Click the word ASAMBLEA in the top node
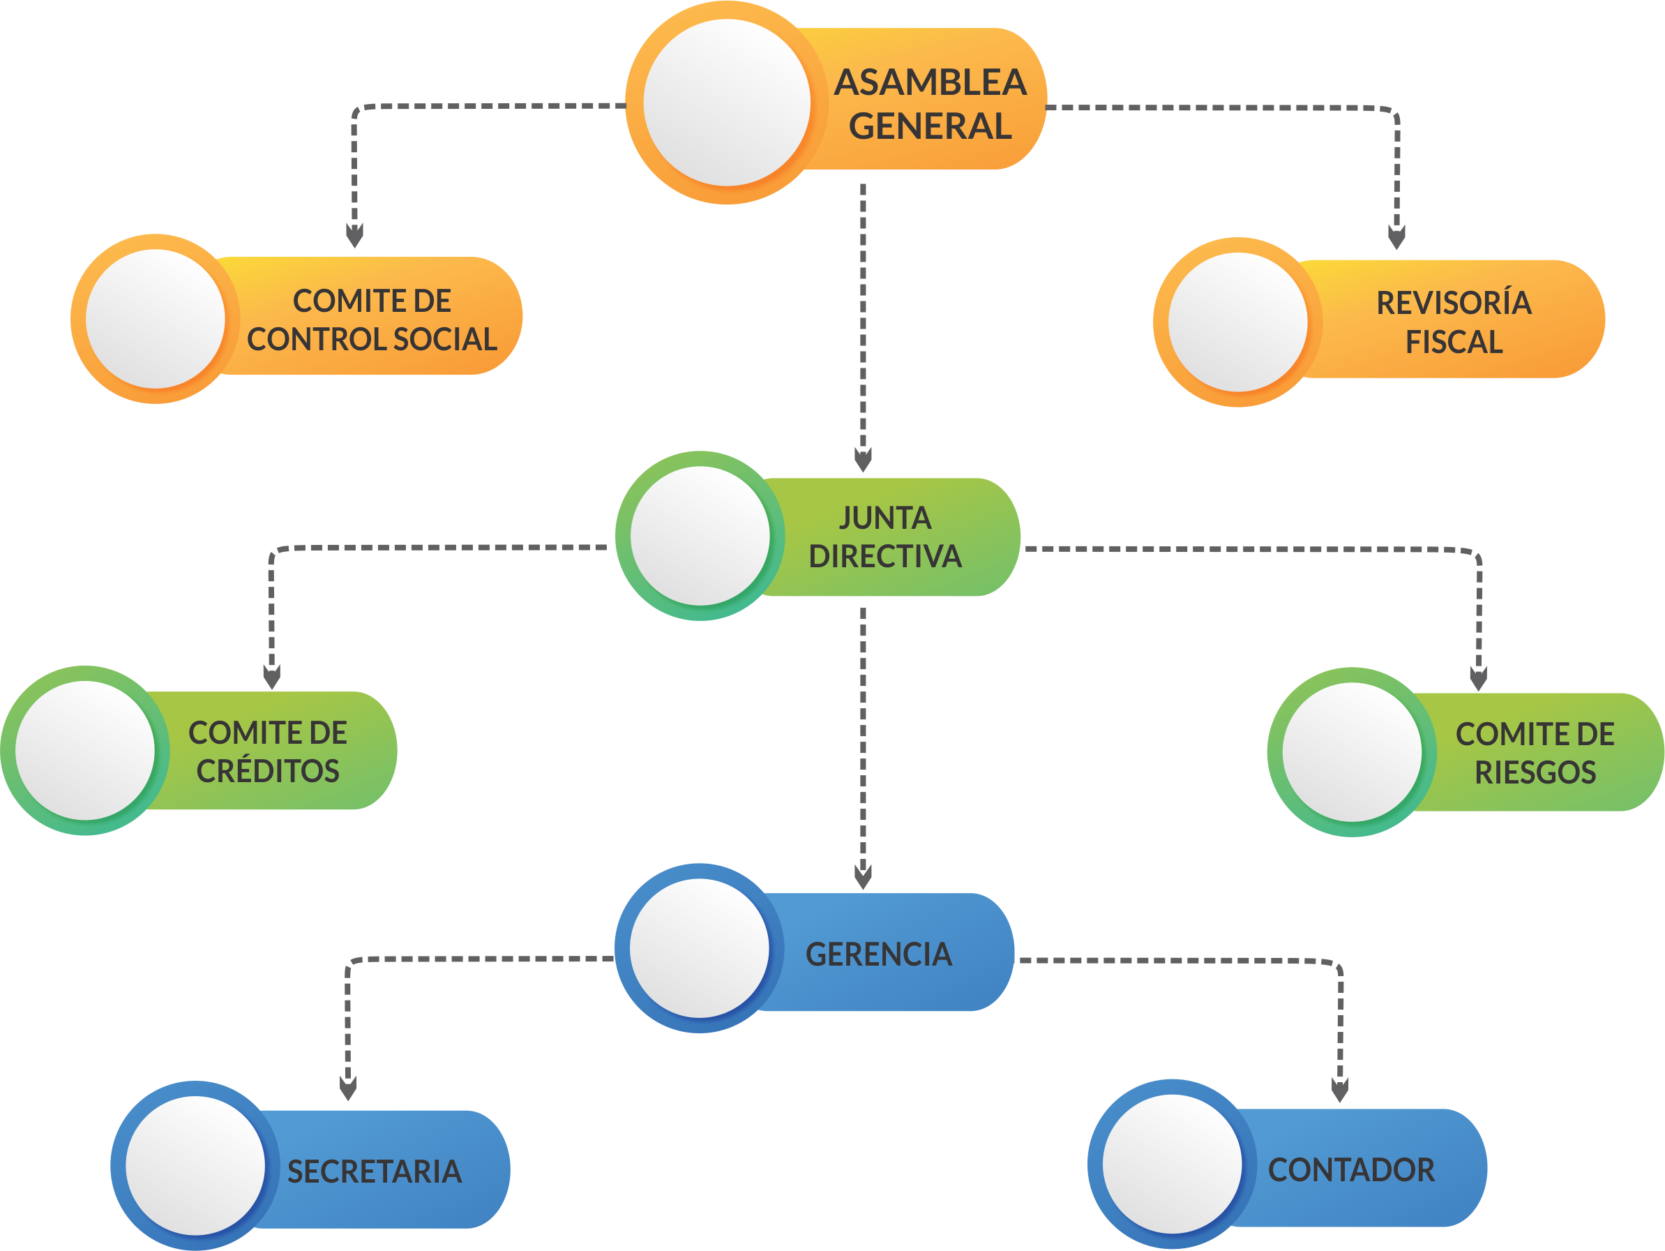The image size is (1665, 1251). tap(931, 82)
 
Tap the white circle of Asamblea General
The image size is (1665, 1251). tap(726, 103)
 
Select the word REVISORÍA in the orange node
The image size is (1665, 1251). tap(1454, 303)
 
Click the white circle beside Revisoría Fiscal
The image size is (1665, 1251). tap(1237, 322)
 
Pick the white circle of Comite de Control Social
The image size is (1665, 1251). tap(155, 319)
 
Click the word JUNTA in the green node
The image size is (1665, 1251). tap(885, 518)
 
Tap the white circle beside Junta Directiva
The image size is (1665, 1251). tap(700, 536)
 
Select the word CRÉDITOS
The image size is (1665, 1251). tap(268, 771)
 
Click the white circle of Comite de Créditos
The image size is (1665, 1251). tap(85, 751)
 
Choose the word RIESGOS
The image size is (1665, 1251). tap(1535, 772)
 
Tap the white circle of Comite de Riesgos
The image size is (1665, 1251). tap(1352, 752)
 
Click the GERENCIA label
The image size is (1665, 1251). tap(878, 954)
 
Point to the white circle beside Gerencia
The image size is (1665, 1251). tap(699, 948)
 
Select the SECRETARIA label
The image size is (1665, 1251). tap(374, 1171)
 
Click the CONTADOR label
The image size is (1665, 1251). tap(1351, 1169)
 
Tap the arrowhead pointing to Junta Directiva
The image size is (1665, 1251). tap(863, 458)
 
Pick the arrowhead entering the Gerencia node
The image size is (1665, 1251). tap(863, 876)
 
